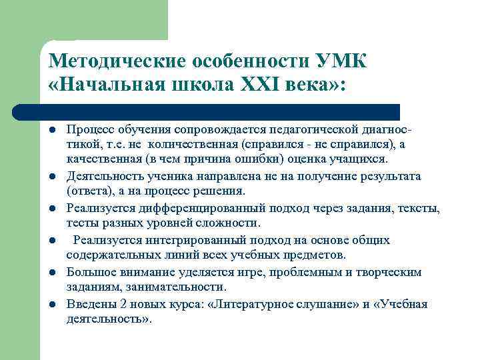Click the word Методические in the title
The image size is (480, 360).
[115, 61]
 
